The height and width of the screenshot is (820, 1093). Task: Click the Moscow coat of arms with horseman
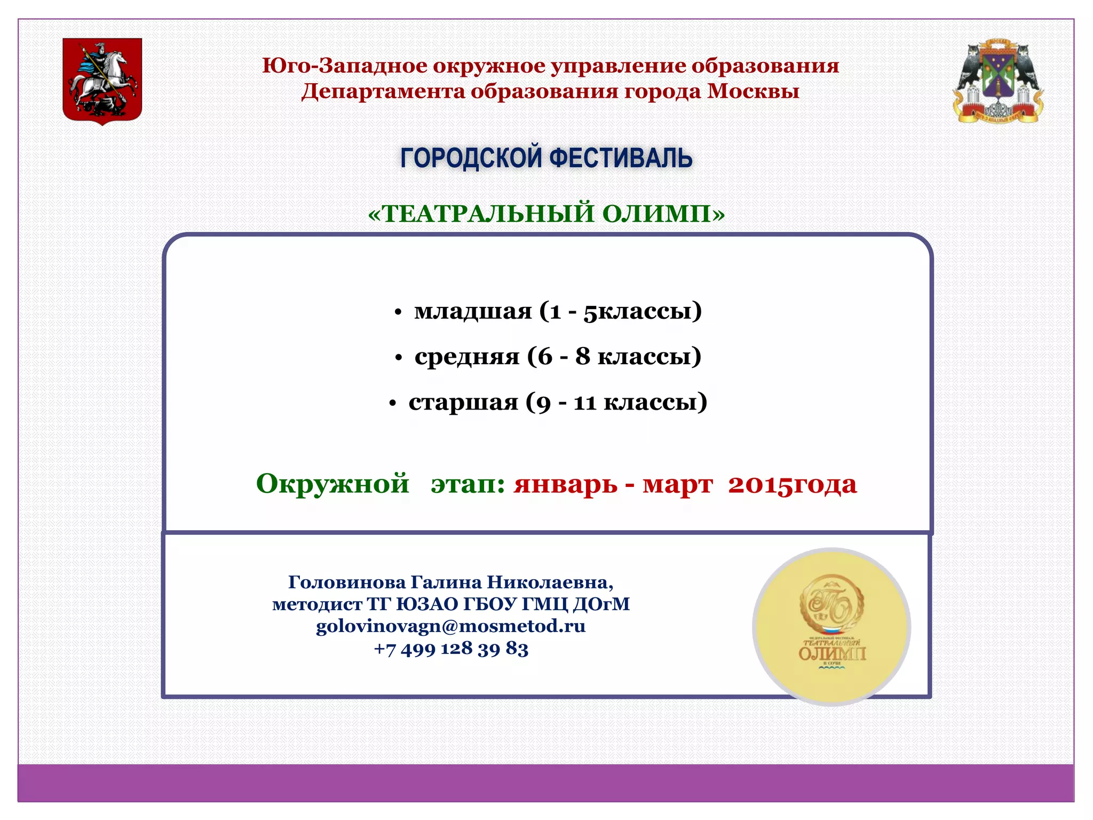coord(102,81)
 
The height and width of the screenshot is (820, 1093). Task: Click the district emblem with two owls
coord(998,81)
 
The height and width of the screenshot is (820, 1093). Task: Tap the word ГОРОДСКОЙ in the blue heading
coord(471,159)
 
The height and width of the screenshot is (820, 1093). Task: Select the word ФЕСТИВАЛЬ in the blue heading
coord(621,159)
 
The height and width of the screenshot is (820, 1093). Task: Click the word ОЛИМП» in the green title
coord(664,214)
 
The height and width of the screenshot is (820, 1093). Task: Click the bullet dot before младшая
coord(398,313)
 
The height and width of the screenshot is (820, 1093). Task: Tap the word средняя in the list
coord(467,357)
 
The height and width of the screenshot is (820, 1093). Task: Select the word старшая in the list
coord(463,402)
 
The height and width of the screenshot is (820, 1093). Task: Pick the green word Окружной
coord(332,484)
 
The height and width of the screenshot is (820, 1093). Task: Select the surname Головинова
coord(347,582)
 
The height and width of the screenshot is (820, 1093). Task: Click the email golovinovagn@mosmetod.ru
coord(451,626)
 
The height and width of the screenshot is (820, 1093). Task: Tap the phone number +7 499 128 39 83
coord(451,648)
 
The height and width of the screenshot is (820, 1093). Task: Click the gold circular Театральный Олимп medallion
coord(831,627)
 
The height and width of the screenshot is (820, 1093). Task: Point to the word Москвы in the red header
coord(753,91)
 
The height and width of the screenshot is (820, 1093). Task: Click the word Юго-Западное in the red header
coord(345,66)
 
